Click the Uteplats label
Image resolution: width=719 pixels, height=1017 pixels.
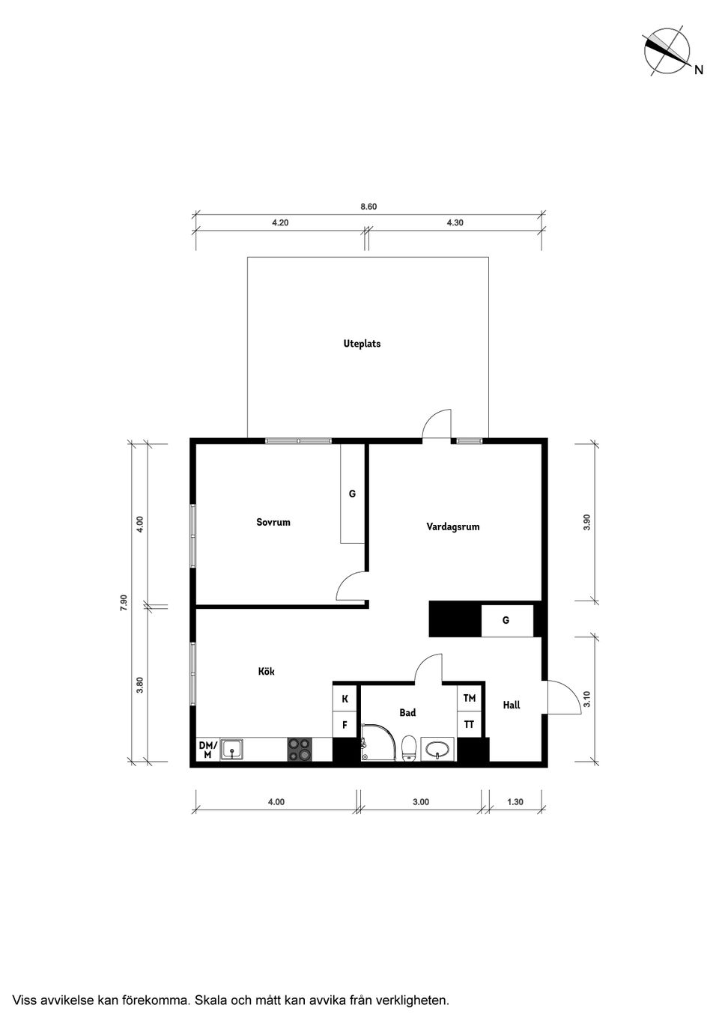tap(362, 344)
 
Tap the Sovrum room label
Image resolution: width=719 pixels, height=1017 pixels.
tap(273, 522)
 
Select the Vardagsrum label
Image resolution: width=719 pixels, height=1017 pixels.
tap(453, 526)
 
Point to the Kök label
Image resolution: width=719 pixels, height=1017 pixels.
tap(267, 671)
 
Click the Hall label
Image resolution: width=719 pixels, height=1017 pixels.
tap(512, 705)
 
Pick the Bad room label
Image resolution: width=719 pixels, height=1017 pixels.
tap(407, 713)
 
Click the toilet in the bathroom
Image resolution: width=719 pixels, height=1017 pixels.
tap(409, 747)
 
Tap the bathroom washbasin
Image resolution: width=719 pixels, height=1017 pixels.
tap(437, 749)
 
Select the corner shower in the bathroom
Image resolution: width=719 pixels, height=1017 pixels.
tap(378, 742)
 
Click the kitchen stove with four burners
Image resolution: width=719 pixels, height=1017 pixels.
tap(300, 749)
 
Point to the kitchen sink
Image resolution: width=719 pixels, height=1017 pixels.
tap(232, 749)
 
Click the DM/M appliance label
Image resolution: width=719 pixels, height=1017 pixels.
tap(208, 750)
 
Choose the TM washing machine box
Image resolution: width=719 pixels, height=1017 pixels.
tap(469, 698)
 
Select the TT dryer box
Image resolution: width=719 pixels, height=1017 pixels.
tap(469, 725)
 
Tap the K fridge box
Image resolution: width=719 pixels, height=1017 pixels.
tap(345, 699)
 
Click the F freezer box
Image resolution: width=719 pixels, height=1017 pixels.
tap(345, 725)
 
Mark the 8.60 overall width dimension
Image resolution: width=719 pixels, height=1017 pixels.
tap(368, 207)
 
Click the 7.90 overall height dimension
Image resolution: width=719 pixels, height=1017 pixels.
tap(124, 602)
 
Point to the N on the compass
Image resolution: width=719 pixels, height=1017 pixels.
tap(699, 70)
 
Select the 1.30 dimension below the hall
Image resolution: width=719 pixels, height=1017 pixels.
tap(515, 802)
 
